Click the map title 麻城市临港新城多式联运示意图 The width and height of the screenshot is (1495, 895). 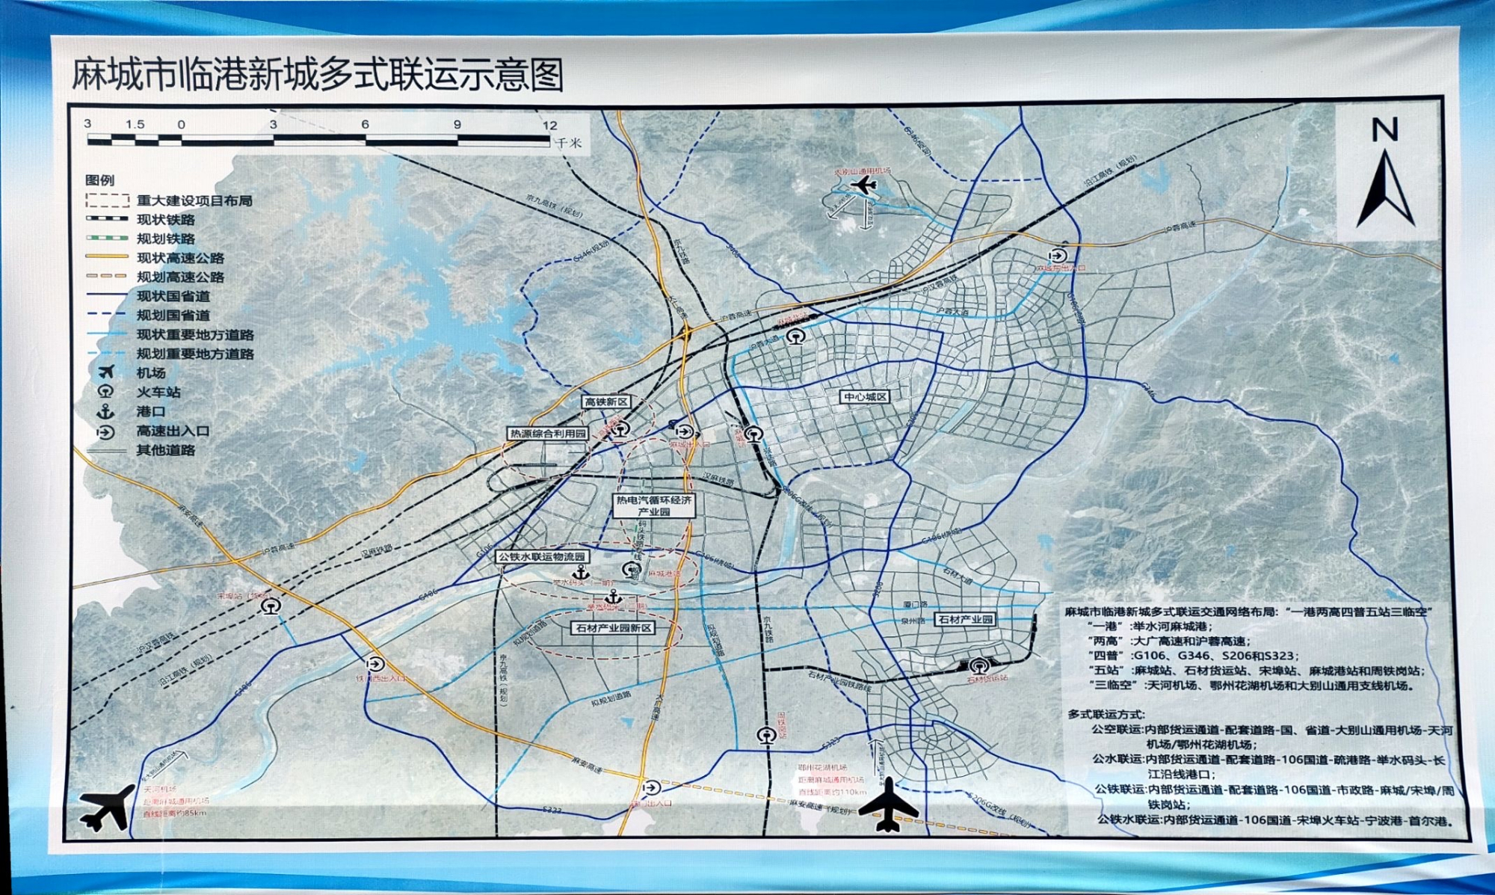(x=317, y=75)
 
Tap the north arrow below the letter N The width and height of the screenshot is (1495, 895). (x=1385, y=190)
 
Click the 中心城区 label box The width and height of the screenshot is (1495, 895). (x=865, y=397)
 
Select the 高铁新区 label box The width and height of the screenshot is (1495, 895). (x=606, y=402)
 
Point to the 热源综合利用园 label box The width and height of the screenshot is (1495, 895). (x=548, y=434)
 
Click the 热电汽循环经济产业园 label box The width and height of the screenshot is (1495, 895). (x=654, y=505)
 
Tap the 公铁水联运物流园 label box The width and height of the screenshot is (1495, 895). (x=543, y=557)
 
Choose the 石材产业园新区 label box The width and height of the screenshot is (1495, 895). (x=614, y=628)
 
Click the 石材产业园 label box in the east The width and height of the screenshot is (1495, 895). (x=965, y=619)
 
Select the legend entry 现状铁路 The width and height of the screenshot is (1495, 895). (x=165, y=220)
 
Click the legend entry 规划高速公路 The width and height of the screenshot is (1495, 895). (x=180, y=277)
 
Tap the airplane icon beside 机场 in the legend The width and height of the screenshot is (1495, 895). (x=106, y=372)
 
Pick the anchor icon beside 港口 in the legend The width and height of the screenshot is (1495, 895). (x=106, y=411)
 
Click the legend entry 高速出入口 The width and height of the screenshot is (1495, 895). (x=173, y=431)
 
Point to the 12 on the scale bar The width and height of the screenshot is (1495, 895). (x=549, y=125)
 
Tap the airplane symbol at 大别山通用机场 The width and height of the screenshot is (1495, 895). (x=864, y=185)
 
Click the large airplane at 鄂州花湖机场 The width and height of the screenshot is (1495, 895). (x=888, y=806)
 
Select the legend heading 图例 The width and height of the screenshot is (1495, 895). (x=99, y=180)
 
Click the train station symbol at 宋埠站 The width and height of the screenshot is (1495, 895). (x=271, y=606)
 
